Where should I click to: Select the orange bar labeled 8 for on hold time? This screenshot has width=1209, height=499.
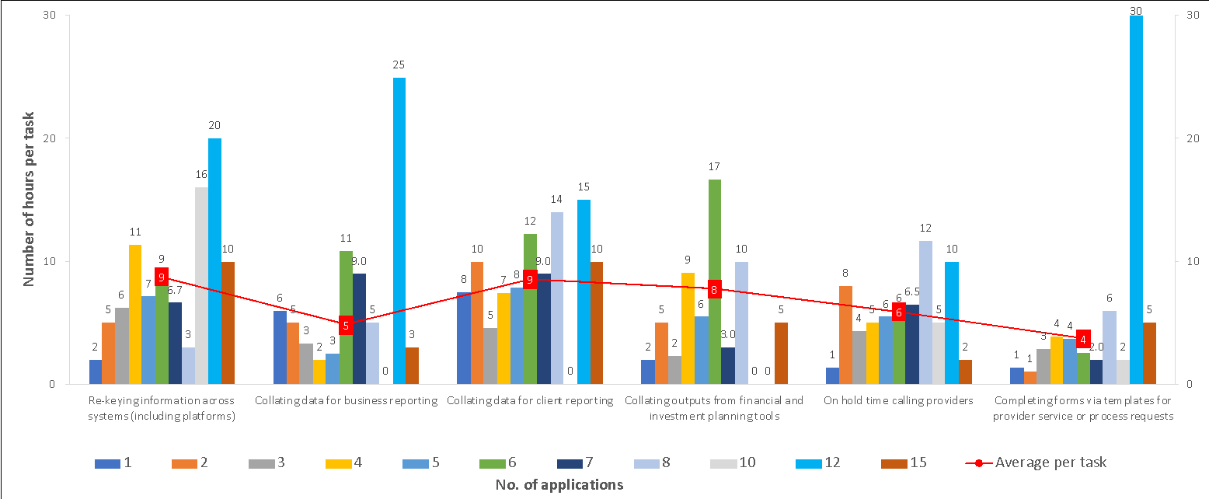coord(845,334)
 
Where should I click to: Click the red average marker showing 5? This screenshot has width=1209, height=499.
coord(346,325)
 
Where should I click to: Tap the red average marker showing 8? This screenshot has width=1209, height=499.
coord(715,290)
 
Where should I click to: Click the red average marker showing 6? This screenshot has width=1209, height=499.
coord(899,312)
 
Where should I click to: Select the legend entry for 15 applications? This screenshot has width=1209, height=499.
coord(905,463)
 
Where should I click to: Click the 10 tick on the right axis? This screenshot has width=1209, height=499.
coord(1189,261)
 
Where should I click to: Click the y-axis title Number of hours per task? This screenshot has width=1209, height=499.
coord(30,199)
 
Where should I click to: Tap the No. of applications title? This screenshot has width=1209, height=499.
coord(559,485)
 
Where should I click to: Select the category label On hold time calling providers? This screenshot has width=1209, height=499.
coord(898,401)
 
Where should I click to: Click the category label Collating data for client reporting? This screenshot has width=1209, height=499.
coord(531,401)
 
